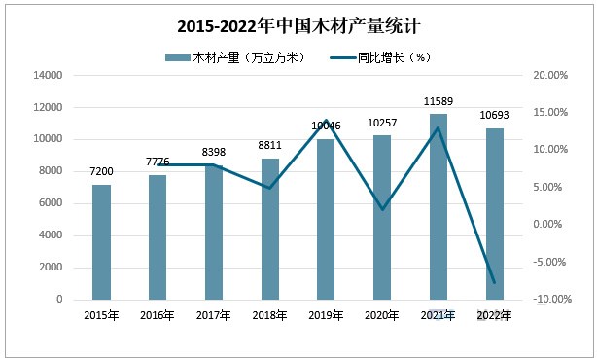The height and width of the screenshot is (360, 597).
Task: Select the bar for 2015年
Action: coord(101,242)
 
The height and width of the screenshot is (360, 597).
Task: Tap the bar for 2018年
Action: coord(269,230)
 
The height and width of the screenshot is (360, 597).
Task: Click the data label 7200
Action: coord(101,171)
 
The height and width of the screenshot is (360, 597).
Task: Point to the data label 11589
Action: coord(439,101)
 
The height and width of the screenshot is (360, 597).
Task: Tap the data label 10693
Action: coord(495,116)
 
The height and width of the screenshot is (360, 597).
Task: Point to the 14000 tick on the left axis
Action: coord(49,75)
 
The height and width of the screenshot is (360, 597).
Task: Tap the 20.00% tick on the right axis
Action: coord(551,75)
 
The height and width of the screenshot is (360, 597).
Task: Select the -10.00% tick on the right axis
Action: coord(549,300)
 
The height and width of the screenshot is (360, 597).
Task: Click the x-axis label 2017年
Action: coord(213,314)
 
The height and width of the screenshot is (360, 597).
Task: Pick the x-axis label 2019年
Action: coord(326,314)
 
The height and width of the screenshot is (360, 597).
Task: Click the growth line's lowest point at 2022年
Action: coord(495,283)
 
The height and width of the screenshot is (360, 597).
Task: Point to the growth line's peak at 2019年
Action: coord(326,121)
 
